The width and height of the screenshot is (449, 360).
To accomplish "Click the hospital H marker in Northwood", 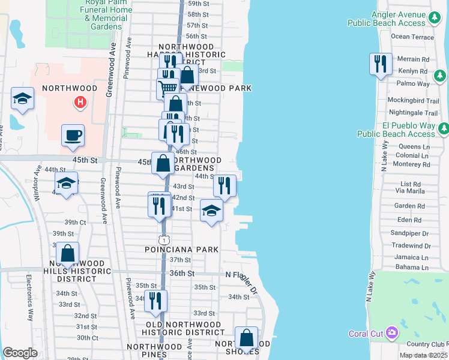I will [x=79, y=103].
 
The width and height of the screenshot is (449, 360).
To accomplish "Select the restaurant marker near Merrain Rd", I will [x=381, y=64].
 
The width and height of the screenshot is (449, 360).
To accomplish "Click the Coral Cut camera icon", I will [x=392, y=332].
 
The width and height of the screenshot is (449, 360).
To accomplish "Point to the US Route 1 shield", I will [x=163, y=239].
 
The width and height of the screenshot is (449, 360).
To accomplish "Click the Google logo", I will [x=20, y=353].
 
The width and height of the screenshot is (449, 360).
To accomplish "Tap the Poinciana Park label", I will [x=181, y=249].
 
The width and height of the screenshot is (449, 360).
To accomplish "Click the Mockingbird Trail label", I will [x=413, y=100].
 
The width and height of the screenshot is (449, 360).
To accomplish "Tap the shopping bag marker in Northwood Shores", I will [x=246, y=338].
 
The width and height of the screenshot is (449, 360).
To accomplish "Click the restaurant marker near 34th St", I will [x=156, y=300].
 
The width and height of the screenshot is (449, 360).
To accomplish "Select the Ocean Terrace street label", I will [x=412, y=37].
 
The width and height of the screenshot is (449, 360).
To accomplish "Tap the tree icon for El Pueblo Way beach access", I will [x=444, y=128].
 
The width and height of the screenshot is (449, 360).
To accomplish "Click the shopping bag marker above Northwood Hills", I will [x=68, y=254].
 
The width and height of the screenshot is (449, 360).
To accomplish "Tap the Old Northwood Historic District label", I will [x=185, y=328].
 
